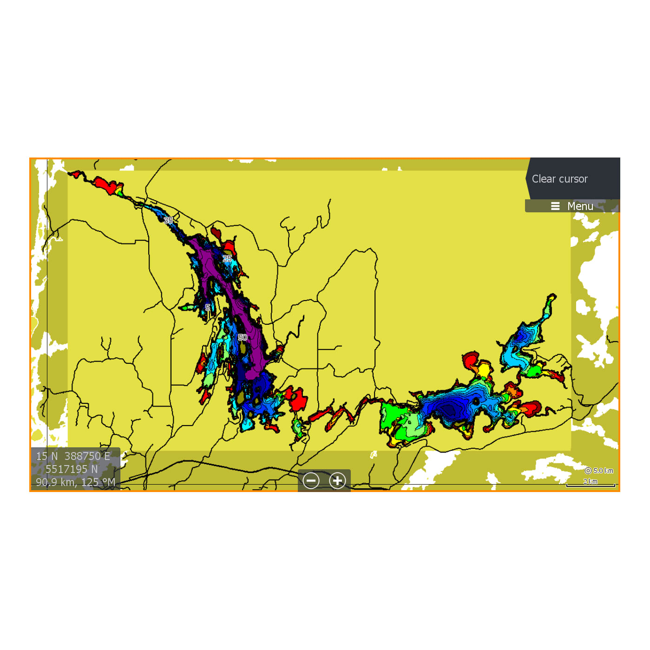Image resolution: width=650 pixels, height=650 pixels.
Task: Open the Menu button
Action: pyautogui.click(x=572, y=206)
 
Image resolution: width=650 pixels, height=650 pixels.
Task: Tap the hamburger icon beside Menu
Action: pyautogui.click(x=555, y=206)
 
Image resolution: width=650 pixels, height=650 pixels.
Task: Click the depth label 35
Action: pyautogui.click(x=168, y=220)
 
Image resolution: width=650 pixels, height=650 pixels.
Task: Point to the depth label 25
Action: pyautogui.click(x=227, y=258)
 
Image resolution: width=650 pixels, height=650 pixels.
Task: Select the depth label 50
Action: pyautogui.click(x=243, y=337)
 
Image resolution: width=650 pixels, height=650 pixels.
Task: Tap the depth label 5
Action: pyautogui.click(x=208, y=307)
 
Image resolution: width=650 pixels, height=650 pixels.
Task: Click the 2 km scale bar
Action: pyautogui.click(x=591, y=483)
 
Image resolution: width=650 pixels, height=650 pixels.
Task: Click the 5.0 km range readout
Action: pyautogui.click(x=603, y=471)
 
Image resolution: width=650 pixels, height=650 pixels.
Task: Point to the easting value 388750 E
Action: pyautogui.click(x=87, y=456)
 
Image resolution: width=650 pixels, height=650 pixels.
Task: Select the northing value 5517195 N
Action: pyautogui.click(x=72, y=469)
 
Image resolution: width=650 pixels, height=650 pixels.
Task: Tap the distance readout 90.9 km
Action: pyautogui.click(x=56, y=482)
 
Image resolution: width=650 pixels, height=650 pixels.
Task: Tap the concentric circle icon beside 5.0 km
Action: pyautogui.click(x=588, y=471)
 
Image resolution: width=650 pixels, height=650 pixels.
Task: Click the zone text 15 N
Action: pyautogui.click(x=47, y=456)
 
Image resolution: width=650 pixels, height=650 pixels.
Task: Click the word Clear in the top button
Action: pyautogui.click(x=544, y=179)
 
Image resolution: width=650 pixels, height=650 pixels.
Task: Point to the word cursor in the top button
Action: pyautogui.click(x=573, y=179)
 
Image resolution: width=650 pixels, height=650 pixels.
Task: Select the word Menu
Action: pyautogui.click(x=580, y=206)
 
